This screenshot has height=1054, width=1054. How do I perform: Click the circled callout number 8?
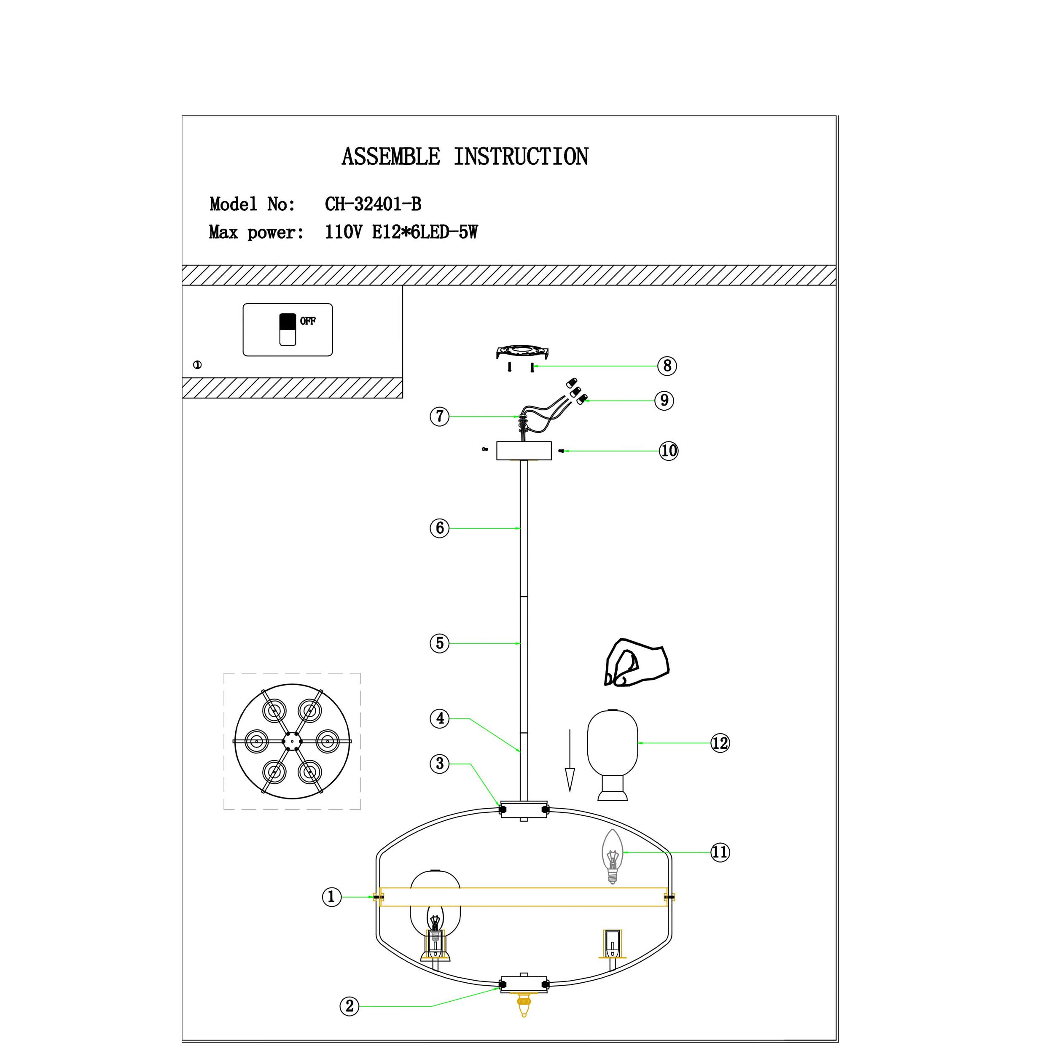pos(667,366)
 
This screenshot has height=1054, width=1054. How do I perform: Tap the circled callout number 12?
pos(720,742)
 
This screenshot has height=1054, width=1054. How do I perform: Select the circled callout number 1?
pos(331,896)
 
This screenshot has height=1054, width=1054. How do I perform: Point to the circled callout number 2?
pos(350,1006)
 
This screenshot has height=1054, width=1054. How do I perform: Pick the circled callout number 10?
pos(668,451)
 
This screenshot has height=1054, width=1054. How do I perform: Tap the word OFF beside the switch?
pos(308,321)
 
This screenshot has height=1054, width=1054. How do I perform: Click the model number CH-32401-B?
pos(373,204)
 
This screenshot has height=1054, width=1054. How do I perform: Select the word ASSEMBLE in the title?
pos(391,157)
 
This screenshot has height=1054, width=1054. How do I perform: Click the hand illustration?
pos(636,663)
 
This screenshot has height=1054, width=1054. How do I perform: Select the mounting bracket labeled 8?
pos(522,352)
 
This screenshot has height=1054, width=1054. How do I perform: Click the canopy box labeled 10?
pos(524,451)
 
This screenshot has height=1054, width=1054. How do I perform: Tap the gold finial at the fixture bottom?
pos(524,1019)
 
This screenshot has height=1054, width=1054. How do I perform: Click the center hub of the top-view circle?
pos(292,741)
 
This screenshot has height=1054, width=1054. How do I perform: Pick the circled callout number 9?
pos(664,401)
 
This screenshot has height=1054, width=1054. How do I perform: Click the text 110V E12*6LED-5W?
pos(401,232)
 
